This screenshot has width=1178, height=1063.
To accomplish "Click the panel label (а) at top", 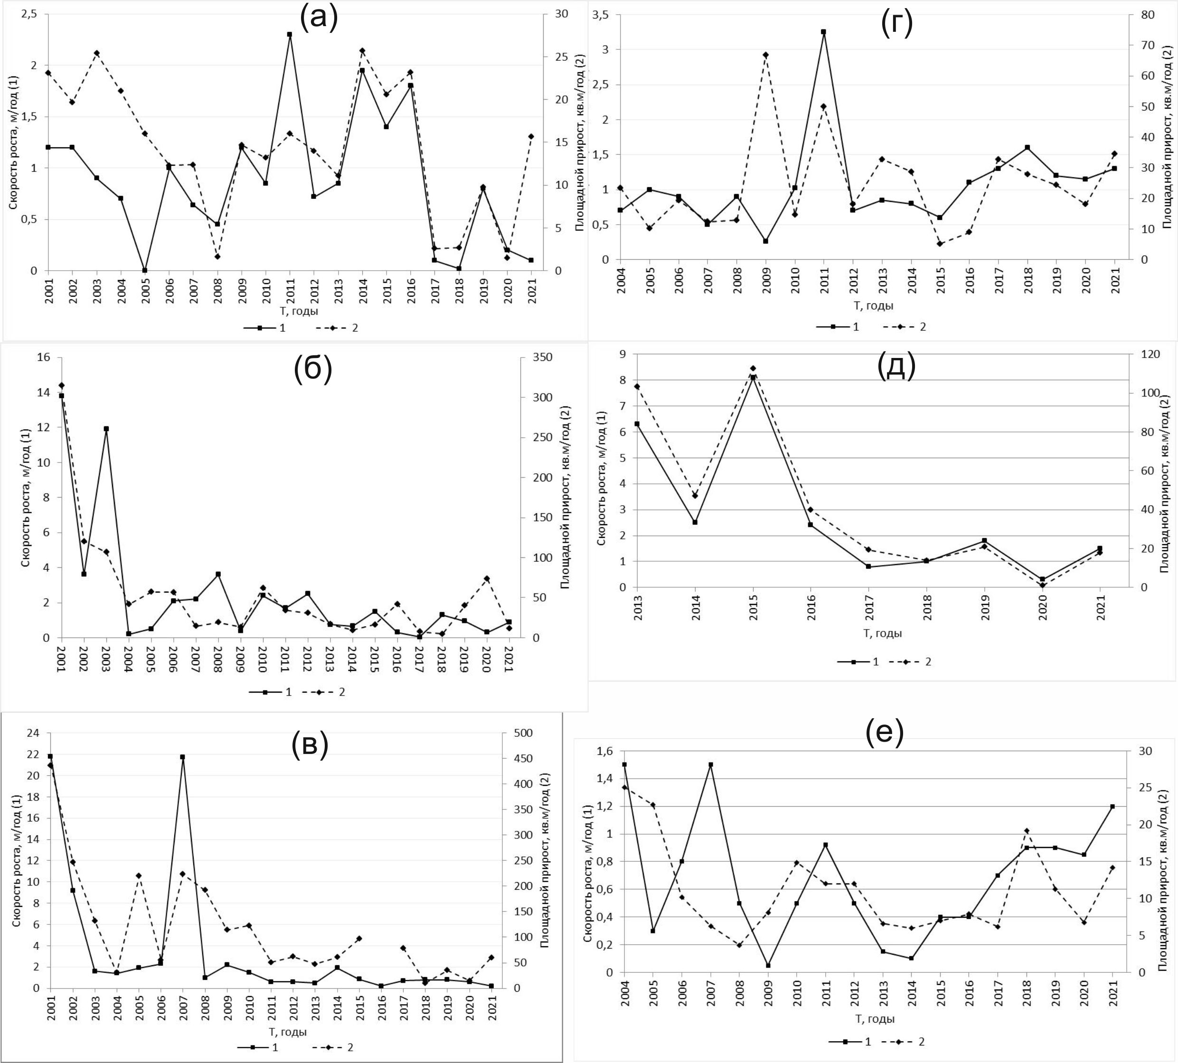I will click(x=318, y=18).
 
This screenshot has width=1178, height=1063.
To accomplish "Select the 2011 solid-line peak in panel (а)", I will click(x=290, y=35).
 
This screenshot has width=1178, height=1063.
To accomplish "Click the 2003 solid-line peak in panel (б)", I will click(x=106, y=429).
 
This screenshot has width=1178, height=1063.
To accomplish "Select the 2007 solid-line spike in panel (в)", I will click(x=182, y=757).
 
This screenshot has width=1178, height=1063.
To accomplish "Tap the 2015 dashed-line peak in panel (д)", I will click(x=753, y=368).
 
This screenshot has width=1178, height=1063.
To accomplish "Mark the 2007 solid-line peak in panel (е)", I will click(x=711, y=764).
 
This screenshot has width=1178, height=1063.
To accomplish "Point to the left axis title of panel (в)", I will click(x=17, y=860).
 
